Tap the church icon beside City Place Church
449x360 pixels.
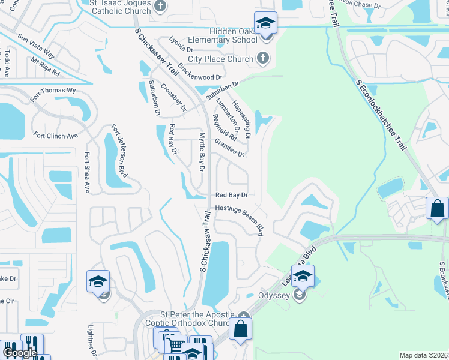262,58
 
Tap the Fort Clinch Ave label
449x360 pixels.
56,136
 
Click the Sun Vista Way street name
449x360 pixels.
36,46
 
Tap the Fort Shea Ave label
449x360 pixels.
87,172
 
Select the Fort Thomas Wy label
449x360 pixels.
53,93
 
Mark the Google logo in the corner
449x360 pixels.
19,353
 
